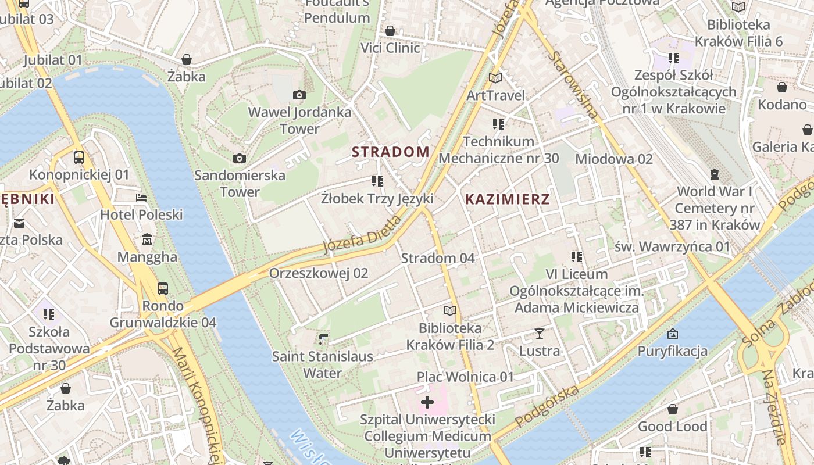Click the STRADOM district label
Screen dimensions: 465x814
pyautogui.click(x=391, y=152)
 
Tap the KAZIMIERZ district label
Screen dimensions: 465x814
pyautogui.click(x=507, y=199)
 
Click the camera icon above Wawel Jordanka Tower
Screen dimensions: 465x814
pyautogui.click(x=299, y=95)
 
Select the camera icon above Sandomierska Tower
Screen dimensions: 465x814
pyautogui.click(x=239, y=158)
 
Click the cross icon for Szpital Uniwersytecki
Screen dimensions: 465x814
pyautogui.click(x=427, y=402)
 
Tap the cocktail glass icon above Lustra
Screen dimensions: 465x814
pyautogui.click(x=540, y=334)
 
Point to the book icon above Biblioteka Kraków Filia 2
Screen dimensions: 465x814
pyautogui.click(x=449, y=310)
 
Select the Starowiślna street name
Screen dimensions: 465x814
pyautogui.click(x=572, y=85)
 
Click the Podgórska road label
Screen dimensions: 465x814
pyautogui.click(x=547, y=405)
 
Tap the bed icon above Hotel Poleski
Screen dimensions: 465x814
pyautogui.click(x=141, y=198)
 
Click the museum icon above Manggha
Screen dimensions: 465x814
pyautogui.click(x=147, y=239)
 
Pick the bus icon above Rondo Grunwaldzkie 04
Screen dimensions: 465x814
pyautogui.click(x=163, y=288)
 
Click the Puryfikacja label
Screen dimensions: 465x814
pyautogui.click(x=672, y=350)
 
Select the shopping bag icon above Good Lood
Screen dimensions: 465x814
pyautogui.click(x=673, y=409)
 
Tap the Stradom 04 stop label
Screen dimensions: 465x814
pyautogui.click(x=438, y=258)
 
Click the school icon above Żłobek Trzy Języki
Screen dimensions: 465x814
pyautogui.click(x=377, y=181)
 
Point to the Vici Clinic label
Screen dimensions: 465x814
pyautogui.click(x=390, y=48)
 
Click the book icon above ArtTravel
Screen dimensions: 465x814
pyautogui.click(x=495, y=78)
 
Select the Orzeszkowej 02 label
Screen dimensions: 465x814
pyautogui.click(x=319, y=273)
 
